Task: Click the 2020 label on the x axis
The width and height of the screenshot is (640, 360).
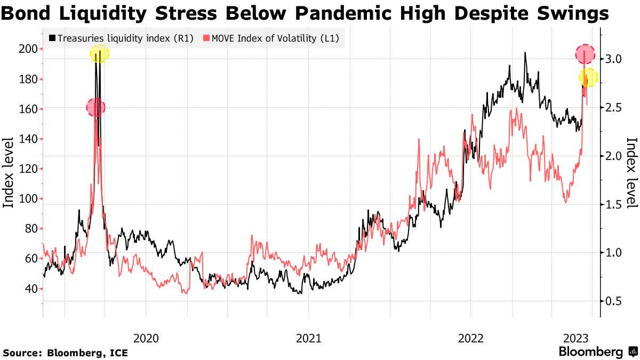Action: tap(146, 338)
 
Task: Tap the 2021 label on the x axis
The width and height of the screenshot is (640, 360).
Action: tap(308, 338)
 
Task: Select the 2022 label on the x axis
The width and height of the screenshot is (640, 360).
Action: tap(470, 338)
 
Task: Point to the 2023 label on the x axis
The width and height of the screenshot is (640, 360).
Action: tap(576, 338)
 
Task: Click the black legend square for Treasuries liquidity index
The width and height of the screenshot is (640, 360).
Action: tap(52, 38)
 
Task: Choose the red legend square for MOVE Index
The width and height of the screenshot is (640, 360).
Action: tap(204, 38)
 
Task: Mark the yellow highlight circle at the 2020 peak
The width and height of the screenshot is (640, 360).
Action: tap(99, 53)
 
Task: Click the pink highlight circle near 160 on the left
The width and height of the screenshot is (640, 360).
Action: tap(95, 108)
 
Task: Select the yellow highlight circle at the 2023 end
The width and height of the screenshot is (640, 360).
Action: tap(588, 78)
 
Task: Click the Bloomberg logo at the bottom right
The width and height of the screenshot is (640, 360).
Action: tap(597, 351)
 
